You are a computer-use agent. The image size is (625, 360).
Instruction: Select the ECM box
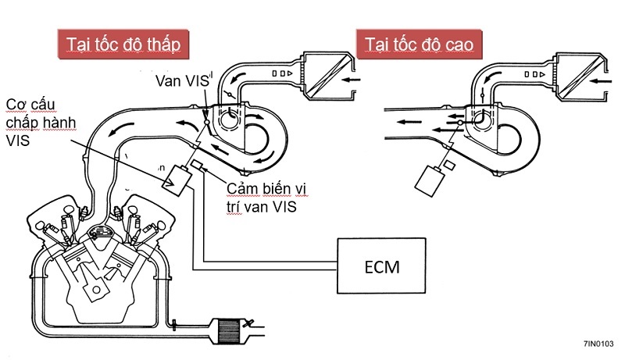tap(381, 266)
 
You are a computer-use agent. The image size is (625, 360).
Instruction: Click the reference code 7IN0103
tap(597, 344)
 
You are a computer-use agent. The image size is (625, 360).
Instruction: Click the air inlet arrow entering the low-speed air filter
tap(352, 79)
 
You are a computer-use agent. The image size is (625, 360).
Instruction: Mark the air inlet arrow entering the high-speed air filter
tap(603, 79)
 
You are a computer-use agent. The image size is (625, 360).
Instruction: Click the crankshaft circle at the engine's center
tap(97, 287)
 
